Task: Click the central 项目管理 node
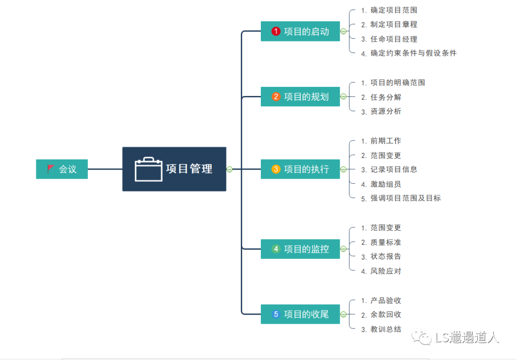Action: click(174, 169)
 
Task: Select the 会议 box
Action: click(62, 169)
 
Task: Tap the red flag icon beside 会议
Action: click(51, 169)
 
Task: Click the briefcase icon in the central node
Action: click(149, 169)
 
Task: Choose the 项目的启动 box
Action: click(300, 32)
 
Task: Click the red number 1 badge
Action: click(276, 32)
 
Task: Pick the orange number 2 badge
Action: click(276, 97)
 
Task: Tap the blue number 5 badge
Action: click(276, 314)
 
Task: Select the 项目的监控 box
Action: click(300, 249)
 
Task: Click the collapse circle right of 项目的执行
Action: click(343, 169)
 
